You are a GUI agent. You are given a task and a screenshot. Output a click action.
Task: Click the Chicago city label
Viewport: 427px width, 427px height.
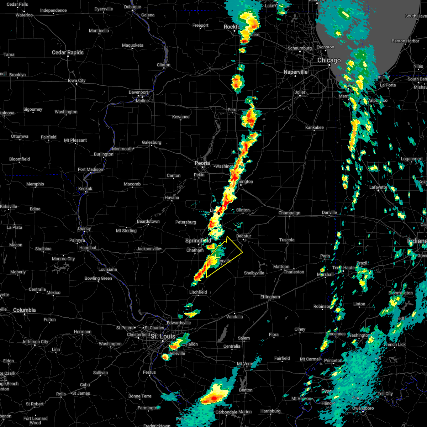[x=329, y=60]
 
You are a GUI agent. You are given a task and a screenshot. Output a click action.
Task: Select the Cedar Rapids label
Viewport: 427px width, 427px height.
[x=68, y=52]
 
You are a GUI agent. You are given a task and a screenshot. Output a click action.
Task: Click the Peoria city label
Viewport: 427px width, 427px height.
[x=202, y=163]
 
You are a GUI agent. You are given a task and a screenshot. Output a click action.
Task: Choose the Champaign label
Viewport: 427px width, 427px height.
[x=289, y=213]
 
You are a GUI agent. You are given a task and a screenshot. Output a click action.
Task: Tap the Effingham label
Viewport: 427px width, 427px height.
[x=270, y=297]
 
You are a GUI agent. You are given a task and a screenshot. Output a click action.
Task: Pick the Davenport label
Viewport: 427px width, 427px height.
[x=138, y=93]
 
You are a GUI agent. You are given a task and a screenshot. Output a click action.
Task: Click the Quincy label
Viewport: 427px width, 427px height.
[x=84, y=228]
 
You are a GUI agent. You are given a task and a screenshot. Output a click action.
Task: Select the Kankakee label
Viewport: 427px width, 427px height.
[x=314, y=127]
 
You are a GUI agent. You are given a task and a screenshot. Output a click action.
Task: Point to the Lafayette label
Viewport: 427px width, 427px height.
[x=378, y=187]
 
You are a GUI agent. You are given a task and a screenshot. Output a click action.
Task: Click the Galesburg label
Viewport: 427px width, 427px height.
[x=152, y=143]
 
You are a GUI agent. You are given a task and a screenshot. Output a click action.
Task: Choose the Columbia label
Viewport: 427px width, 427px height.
[x=24, y=310]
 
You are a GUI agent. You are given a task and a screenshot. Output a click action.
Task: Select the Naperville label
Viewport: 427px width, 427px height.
[x=295, y=72]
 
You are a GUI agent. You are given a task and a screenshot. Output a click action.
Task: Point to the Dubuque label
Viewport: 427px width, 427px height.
[x=132, y=7]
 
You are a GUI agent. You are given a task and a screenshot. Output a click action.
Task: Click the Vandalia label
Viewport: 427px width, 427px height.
[x=234, y=317]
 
